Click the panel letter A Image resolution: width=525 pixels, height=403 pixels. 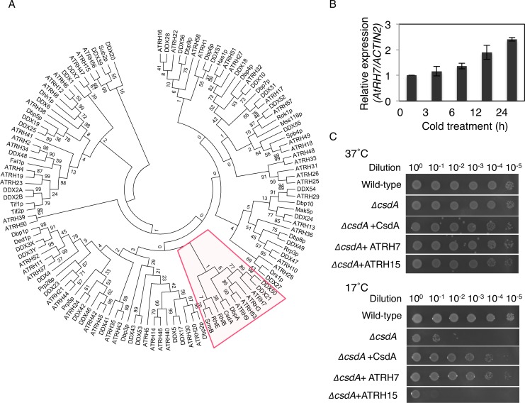click(x=6, y=7)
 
